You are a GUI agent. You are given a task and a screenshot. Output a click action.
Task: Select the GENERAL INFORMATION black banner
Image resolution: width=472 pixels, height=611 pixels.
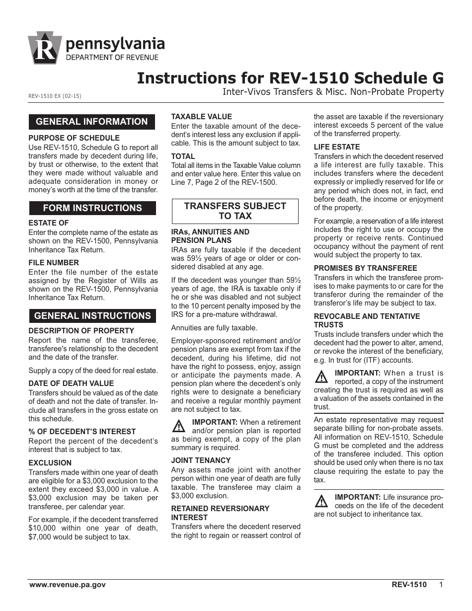[x=92, y=122]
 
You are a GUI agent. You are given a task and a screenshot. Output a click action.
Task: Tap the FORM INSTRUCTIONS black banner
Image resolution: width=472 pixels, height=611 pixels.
[x=92, y=208]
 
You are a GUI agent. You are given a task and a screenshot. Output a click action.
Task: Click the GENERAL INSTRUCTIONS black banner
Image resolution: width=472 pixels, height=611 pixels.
[x=92, y=316]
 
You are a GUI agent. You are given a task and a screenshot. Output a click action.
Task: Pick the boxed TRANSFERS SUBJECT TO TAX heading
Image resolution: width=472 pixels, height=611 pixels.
[x=235, y=211]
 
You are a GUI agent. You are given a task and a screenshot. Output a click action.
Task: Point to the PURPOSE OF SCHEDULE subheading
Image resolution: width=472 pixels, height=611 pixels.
[x=74, y=138]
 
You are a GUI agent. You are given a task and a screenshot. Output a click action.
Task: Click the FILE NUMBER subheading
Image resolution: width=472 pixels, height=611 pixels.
[x=54, y=262]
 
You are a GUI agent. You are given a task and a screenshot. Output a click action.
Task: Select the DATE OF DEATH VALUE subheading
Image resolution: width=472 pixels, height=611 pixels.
[x=71, y=383]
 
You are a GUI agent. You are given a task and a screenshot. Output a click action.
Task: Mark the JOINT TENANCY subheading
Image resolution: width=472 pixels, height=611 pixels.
[x=201, y=460]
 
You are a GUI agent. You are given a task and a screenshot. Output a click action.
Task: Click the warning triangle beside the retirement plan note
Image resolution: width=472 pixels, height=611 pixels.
[x=178, y=426]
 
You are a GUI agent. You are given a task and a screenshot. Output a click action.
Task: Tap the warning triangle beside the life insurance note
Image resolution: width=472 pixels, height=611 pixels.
[x=321, y=501]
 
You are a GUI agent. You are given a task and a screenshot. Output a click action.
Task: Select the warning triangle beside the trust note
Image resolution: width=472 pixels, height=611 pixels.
[x=321, y=377]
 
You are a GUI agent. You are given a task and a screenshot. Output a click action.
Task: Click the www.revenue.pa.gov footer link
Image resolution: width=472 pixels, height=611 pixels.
[x=68, y=585]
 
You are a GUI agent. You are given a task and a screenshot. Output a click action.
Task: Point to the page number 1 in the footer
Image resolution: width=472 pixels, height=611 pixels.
[x=441, y=585]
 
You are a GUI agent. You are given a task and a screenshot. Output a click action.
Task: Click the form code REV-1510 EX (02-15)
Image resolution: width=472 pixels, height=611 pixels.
[x=55, y=96]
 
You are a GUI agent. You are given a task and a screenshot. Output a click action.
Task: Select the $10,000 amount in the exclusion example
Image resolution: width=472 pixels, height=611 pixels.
[x=42, y=528]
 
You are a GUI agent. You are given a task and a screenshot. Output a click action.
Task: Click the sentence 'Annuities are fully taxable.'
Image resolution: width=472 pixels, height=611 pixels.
[x=214, y=328]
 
